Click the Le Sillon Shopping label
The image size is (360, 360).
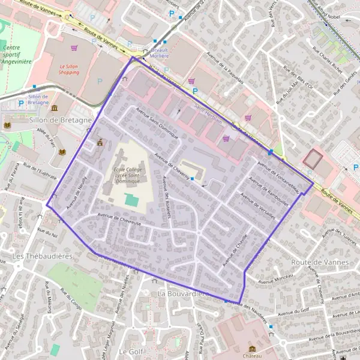pyautogui.click(x=69, y=69)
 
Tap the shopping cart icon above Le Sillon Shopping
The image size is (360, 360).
pyautogui.click(x=74, y=47)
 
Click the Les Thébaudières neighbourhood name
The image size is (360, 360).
pyautogui.click(x=35, y=256)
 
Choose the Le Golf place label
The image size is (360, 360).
pyautogui.click(x=130, y=350)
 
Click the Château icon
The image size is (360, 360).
pyautogui.click(x=252, y=349)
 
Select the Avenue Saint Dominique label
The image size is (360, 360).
pyautogui.click(x=158, y=123)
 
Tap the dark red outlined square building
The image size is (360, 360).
pyautogui.click(x=312, y=159)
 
